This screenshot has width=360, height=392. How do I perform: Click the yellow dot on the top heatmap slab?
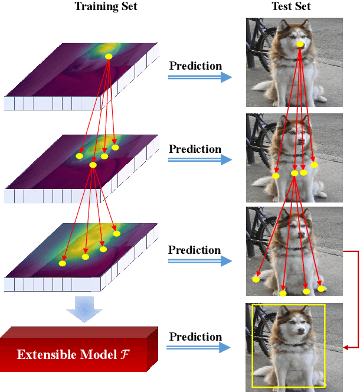click(109, 57)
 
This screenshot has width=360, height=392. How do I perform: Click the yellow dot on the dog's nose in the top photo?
click(300, 44)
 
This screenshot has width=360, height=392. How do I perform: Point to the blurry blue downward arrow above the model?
click(84, 308)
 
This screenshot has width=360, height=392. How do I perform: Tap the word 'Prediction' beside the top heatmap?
click(195, 66)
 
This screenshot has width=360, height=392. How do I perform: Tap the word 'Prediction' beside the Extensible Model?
click(195, 337)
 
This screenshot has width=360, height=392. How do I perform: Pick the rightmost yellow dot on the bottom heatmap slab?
click(117, 234)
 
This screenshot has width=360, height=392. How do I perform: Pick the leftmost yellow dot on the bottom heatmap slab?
click(63, 264)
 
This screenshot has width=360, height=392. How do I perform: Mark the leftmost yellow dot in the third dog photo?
click(256, 279)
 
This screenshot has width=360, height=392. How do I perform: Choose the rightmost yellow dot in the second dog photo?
click(314, 165)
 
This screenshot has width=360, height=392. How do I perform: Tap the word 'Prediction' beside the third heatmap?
click(195, 250)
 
